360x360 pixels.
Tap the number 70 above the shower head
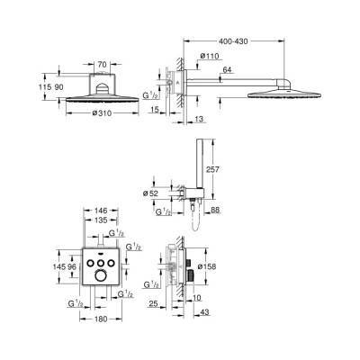click(103, 66)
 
